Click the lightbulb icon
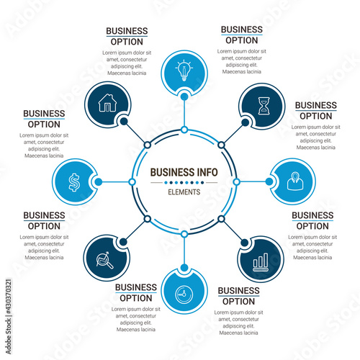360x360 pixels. [x=184, y=70]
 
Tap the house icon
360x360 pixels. [x=107, y=103]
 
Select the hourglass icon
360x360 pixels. [x=264, y=106]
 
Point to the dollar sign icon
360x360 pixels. [x=74, y=182]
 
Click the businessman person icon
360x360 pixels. [x=295, y=181]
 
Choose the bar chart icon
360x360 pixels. [x=261, y=262]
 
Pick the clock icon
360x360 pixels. [x=184, y=294]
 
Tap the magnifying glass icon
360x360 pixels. [x=104, y=261]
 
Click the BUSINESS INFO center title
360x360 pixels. [x=184, y=172]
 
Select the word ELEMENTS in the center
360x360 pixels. [x=184, y=192]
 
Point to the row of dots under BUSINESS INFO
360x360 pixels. [x=184, y=183]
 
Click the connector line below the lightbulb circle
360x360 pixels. [x=184, y=113]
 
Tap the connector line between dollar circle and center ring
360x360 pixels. [x=116, y=182]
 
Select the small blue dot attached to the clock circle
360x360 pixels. [x=184, y=267]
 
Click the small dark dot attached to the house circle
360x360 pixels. [x=124, y=122]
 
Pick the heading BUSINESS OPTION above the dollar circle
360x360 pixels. [x=44, y=119]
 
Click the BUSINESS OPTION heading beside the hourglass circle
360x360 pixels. [x=316, y=111]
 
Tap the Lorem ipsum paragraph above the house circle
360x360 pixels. [x=127, y=63]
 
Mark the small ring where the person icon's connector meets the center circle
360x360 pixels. [x=236, y=182]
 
